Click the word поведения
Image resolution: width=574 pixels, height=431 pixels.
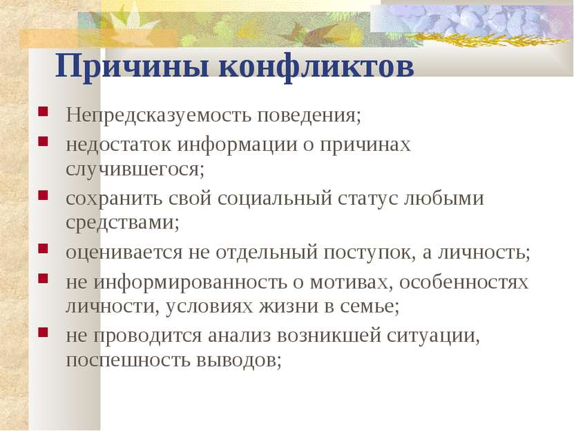[x=309, y=116]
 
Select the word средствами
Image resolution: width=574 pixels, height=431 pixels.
[x=123, y=223]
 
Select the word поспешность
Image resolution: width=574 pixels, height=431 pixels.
[x=128, y=360]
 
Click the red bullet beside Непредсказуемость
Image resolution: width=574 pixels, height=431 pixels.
[x=44, y=111]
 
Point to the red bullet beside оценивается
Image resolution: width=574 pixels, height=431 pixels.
[x=44, y=248]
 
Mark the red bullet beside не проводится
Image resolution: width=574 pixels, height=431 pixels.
[x=44, y=332]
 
